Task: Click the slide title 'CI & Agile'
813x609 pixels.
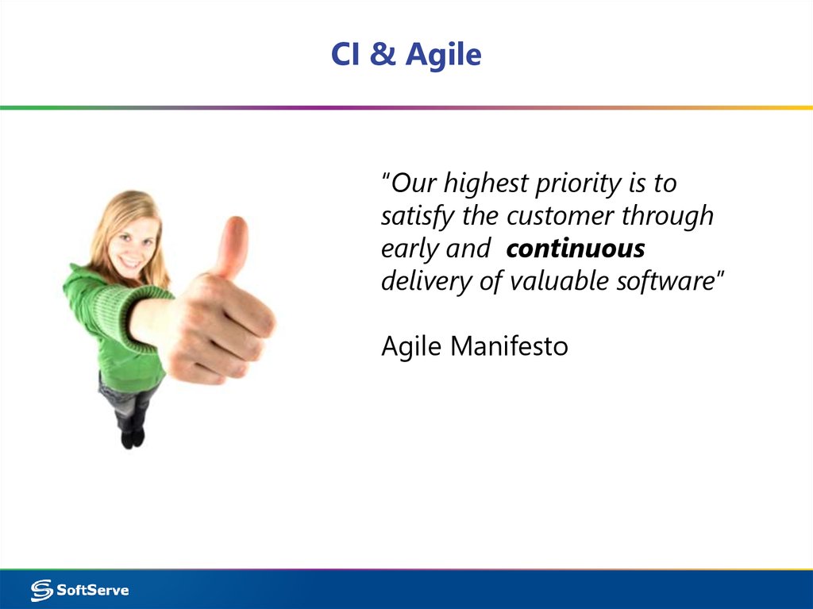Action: click(406, 55)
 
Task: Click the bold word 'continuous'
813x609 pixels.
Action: click(576, 249)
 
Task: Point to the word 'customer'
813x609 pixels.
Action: click(561, 216)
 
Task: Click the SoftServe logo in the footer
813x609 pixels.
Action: click(80, 590)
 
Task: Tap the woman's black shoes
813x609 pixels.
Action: click(132, 437)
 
